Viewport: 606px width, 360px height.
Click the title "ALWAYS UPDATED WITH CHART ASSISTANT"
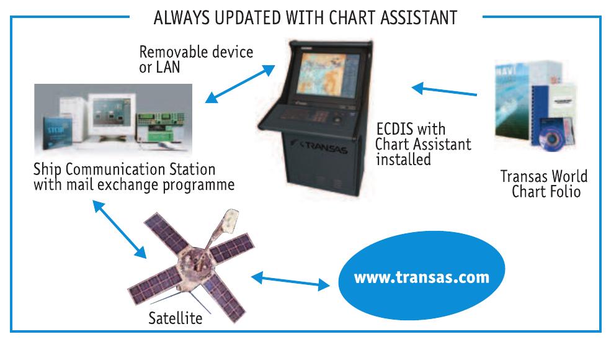click(306, 18)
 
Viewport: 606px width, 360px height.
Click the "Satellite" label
click(176, 319)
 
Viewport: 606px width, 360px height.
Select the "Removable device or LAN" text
click(196, 59)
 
